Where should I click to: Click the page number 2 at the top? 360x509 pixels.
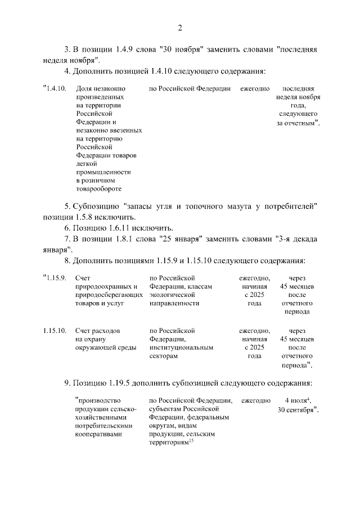(180, 29)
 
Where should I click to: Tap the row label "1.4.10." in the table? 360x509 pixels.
(55, 89)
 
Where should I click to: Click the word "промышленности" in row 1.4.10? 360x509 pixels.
(103, 172)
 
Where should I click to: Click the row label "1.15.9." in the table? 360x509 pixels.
(55, 278)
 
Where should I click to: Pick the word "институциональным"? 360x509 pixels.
(181, 348)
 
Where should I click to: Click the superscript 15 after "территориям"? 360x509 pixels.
(191, 441)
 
